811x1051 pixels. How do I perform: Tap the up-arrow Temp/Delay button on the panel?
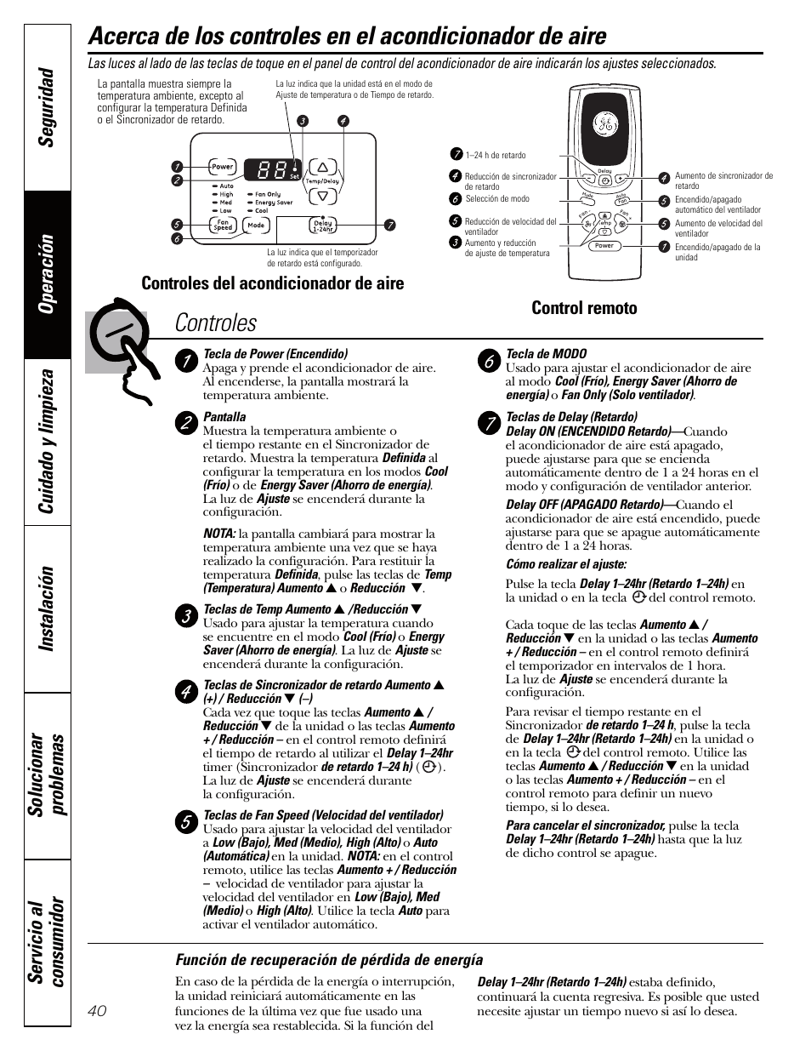pyautogui.click(x=322, y=166)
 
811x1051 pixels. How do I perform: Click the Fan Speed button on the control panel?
pyautogui.click(x=223, y=226)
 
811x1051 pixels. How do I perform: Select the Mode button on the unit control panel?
pyautogui.click(x=256, y=226)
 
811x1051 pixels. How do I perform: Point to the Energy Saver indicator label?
pyautogui.click(x=274, y=203)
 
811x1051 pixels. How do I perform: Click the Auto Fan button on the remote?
pyautogui.click(x=621, y=200)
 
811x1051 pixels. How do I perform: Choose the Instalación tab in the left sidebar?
pyautogui.click(x=48, y=608)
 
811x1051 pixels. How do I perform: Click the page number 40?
pyautogui.click(x=97, y=1009)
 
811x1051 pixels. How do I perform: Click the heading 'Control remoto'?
pyautogui.click(x=584, y=308)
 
